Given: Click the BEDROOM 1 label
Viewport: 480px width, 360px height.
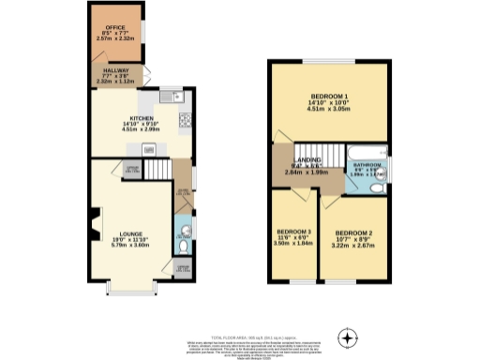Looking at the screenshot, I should (x=329, y=97).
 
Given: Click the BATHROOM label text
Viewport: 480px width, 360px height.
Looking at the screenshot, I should (x=367, y=165).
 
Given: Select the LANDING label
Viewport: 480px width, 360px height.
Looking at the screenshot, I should (x=306, y=161).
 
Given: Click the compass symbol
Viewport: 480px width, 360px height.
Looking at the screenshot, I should (x=349, y=336).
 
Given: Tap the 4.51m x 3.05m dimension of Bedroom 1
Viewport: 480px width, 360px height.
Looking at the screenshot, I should (x=329, y=110).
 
